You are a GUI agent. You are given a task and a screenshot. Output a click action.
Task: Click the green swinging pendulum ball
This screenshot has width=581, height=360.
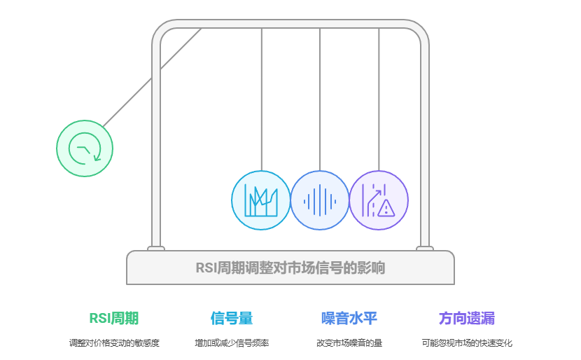(85, 148)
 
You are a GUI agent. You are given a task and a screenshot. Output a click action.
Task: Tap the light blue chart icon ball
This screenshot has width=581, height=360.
(261, 200)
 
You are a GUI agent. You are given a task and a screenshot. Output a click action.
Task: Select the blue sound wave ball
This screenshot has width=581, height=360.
(320, 200)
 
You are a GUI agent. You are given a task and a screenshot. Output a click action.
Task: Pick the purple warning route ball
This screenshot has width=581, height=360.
(379, 200)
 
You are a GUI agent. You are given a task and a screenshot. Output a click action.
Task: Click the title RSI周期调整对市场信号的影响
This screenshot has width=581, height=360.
(290, 268)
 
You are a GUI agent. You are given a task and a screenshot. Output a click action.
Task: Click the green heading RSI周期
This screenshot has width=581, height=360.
(114, 318)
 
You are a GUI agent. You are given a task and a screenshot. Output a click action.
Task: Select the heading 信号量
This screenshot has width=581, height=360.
(232, 318)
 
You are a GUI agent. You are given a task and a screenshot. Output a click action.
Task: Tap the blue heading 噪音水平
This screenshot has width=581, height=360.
(349, 318)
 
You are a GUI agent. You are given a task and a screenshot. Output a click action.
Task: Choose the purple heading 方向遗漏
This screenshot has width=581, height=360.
(467, 318)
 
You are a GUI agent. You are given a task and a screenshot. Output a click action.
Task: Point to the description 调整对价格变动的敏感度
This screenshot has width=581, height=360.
(114, 343)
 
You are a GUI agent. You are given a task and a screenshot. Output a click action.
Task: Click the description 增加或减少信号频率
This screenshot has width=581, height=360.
(232, 343)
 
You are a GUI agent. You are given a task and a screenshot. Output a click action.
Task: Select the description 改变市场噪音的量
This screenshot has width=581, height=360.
(349, 343)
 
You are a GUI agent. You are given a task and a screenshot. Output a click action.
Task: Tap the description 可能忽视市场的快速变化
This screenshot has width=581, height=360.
(467, 343)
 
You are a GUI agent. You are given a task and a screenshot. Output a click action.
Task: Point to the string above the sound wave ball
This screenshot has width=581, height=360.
(320, 98)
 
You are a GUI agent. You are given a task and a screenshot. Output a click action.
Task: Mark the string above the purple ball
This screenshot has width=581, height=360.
(379, 98)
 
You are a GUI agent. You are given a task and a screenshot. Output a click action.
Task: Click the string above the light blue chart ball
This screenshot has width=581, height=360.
(261, 98)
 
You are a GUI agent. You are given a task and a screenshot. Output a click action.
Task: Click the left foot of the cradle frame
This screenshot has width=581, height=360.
(156, 249)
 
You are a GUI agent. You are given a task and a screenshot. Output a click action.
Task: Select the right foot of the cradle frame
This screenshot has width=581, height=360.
(424, 249)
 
